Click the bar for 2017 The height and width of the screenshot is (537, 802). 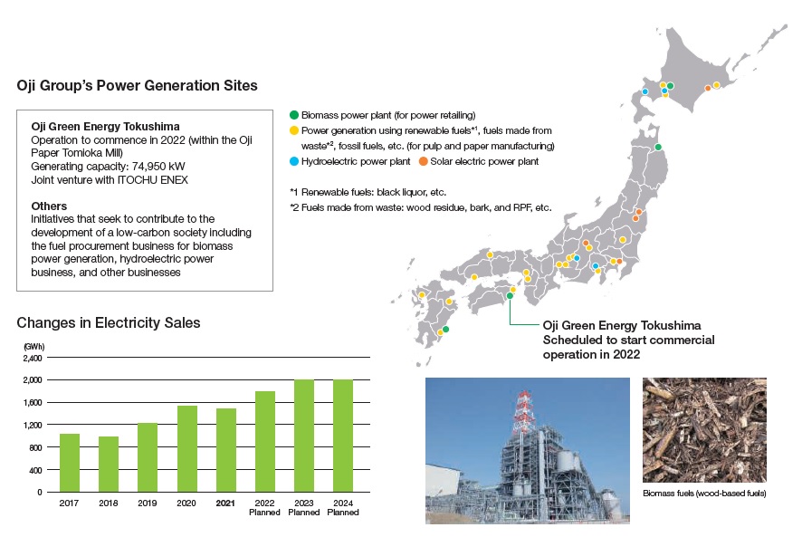click(70, 463)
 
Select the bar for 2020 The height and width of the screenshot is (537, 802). click(187, 449)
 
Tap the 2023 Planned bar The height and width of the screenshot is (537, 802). click(304, 436)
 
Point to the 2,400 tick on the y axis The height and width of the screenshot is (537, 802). click(33, 359)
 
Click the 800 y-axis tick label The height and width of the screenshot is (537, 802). click(35, 447)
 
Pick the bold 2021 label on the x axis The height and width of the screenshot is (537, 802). click(225, 503)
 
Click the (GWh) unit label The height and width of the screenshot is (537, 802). click(33, 347)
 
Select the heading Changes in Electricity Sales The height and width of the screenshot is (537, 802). click(109, 323)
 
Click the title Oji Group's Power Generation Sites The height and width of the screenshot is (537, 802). click(137, 85)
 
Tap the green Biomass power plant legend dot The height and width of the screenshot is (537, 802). click(294, 115)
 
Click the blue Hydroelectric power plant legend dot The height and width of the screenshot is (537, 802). click(294, 161)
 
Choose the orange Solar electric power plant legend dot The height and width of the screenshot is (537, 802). click(423, 161)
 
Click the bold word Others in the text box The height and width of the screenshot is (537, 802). click(49, 206)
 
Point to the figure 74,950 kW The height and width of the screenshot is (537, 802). click(158, 167)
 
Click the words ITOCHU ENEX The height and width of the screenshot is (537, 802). click(152, 179)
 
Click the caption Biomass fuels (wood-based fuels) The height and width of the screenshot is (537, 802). click(704, 494)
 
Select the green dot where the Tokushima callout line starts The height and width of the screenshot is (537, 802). click(510, 296)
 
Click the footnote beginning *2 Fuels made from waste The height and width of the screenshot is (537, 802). click(421, 207)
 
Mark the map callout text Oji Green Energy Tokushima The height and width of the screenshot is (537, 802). click(622, 326)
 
